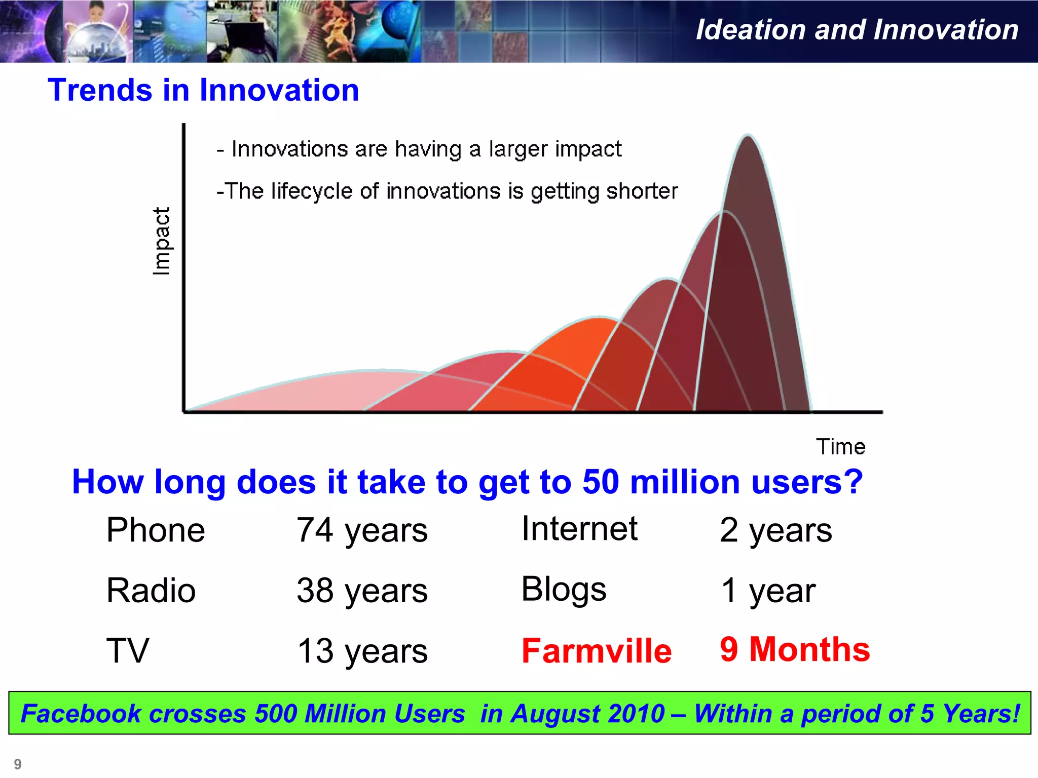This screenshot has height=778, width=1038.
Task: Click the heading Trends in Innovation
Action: pos(203,90)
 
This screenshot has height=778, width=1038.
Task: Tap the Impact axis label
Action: pos(161,241)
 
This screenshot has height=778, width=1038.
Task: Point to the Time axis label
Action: pos(840,447)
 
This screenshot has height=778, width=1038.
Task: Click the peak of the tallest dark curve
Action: pos(748,136)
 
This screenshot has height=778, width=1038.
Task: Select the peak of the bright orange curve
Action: pos(600,319)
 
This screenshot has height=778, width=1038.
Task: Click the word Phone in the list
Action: pos(156,530)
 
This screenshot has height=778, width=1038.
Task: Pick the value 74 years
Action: pos(362,531)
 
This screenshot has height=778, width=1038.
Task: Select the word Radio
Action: pos(151,591)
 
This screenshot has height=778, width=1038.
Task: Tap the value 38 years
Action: pos(362,591)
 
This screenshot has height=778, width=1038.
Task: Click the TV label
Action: pos(127,651)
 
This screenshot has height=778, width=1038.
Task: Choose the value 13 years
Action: pos(362,651)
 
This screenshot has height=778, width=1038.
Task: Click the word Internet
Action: pos(579,529)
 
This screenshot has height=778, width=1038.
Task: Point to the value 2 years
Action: pos(775,531)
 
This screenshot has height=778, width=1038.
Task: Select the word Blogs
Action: pos(564,590)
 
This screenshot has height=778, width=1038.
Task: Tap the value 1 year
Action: pos(768,591)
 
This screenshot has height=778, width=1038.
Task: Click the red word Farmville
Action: pos(597,651)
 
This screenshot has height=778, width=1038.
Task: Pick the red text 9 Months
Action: pos(794,649)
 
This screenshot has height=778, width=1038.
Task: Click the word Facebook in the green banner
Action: pos(81,714)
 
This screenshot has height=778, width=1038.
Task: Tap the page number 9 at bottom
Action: pos(18,764)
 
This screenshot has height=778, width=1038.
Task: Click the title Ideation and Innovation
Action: pos(857,30)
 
